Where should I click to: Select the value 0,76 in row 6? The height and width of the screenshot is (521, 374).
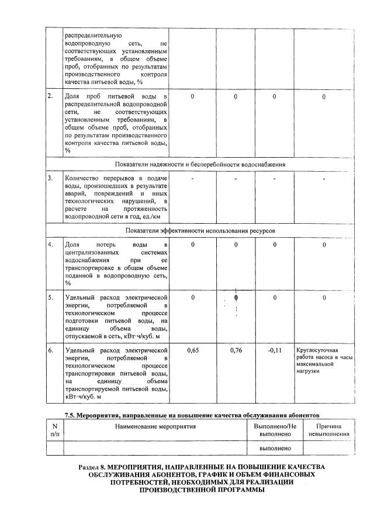coord(236,350)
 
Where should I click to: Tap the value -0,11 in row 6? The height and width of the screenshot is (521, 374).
coord(274,350)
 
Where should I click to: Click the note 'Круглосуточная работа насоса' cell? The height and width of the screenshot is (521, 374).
coord(325,360)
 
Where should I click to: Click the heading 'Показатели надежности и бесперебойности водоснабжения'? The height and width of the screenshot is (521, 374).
coord(200,165)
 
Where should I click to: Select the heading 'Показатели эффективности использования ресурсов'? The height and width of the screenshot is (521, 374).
coord(200,231)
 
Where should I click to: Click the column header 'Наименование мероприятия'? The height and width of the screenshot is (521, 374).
coord(155,426)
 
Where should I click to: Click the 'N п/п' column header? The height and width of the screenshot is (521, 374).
coord(55,430)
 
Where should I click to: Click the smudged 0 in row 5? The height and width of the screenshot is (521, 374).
coord(236,298)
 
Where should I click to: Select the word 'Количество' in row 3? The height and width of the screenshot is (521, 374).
coord(82,178)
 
